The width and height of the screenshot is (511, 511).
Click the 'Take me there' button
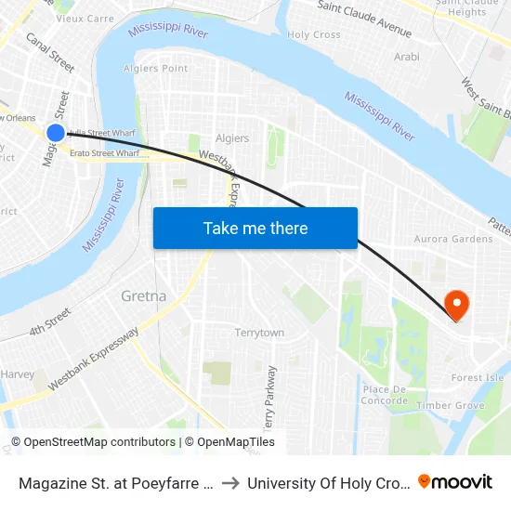255,228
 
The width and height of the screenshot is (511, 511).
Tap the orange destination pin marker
456,304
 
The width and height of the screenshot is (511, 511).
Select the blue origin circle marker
55,133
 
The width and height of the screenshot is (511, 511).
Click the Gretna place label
144,296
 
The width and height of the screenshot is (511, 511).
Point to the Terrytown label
259,333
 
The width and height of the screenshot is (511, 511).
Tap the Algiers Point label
162,68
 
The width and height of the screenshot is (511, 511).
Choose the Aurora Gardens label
453,239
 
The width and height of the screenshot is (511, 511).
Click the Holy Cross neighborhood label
314,35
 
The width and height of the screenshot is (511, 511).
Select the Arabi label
407,57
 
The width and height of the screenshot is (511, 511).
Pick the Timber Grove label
451,405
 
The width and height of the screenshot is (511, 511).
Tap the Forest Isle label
477,378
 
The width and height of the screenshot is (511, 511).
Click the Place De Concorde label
385,395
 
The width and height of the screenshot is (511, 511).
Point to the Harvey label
18,374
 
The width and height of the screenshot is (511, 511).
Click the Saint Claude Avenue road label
364,19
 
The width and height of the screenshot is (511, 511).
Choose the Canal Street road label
50,53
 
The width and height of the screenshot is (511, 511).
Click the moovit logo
455,481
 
